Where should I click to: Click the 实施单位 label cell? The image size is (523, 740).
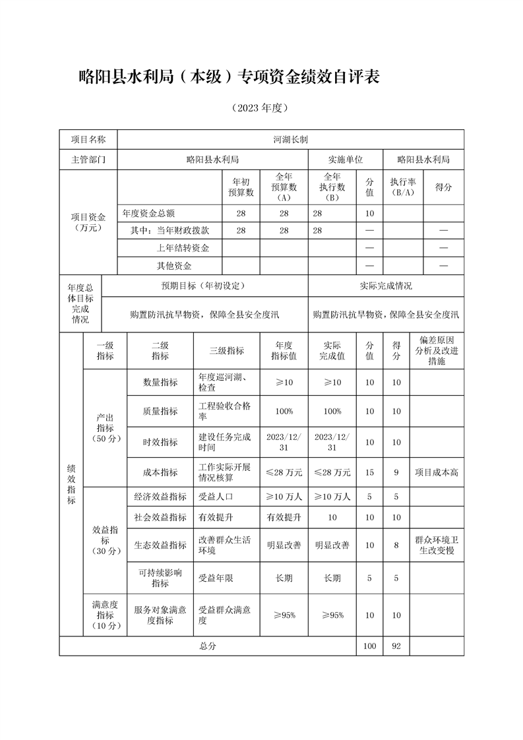click(346, 160)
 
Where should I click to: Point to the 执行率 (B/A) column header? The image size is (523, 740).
click(402, 187)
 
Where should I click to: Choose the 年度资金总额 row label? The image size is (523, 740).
click(149, 213)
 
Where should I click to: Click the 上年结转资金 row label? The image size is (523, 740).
click(183, 247)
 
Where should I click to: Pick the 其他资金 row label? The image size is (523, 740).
click(174, 265)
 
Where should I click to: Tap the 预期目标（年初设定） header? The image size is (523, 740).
click(204, 286)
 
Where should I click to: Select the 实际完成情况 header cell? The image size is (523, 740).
click(386, 286)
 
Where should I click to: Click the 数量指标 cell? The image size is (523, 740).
click(160, 383)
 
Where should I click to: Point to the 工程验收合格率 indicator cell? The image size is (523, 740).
click(225, 411)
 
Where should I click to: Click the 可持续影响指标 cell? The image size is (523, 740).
click(160, 578)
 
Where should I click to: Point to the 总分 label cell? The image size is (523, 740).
click(208, 646)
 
